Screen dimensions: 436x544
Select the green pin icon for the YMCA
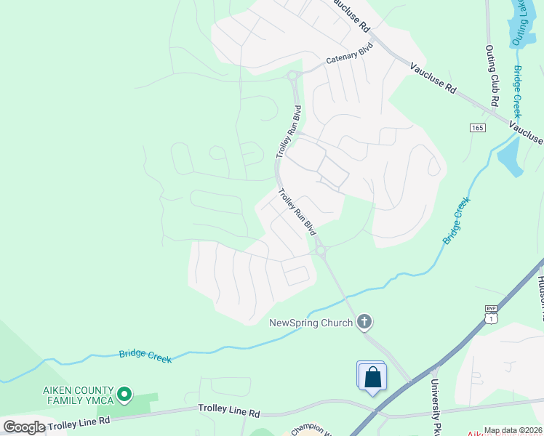[124, 395]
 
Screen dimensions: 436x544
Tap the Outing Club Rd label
[492, 73]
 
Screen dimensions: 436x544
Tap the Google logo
[24, 427]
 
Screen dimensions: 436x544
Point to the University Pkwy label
[437, 407]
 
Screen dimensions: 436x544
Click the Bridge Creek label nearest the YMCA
[146, 354]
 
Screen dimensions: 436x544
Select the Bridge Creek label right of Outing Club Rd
[518, 91]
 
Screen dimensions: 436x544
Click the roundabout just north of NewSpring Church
[321, 251]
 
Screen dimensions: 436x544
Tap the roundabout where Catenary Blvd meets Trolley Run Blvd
[293, 76]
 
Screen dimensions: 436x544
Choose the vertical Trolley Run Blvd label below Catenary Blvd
[288, 132]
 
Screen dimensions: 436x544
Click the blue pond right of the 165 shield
[510, 157]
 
